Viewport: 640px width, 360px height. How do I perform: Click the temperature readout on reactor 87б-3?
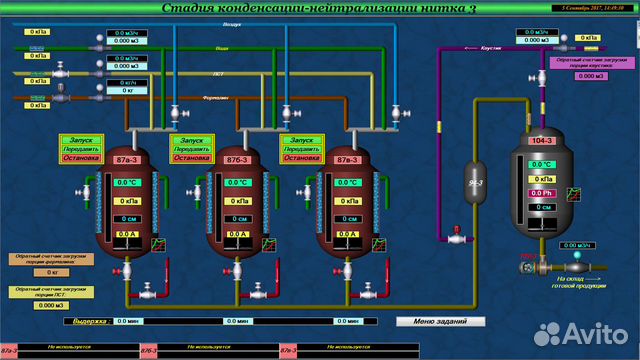point(238,182)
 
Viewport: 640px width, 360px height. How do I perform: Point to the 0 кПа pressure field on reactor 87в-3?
point(348,200)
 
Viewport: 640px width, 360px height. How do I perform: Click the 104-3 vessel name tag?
point(541,141)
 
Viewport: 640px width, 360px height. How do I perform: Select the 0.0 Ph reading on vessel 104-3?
point(541,192)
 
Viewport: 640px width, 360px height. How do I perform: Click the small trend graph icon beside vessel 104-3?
point(573,193)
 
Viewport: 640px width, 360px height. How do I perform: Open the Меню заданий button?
point(441,321)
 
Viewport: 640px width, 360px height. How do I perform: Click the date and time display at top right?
point(592,7)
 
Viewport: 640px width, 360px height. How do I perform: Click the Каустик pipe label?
point(491,47)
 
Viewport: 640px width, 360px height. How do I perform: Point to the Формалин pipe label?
point(216,98)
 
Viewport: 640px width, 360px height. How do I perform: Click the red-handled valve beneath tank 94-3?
point(457,237)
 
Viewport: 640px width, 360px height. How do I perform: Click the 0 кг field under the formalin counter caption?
point(52,272)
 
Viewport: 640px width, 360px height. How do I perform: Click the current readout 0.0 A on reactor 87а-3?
point(127,234)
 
